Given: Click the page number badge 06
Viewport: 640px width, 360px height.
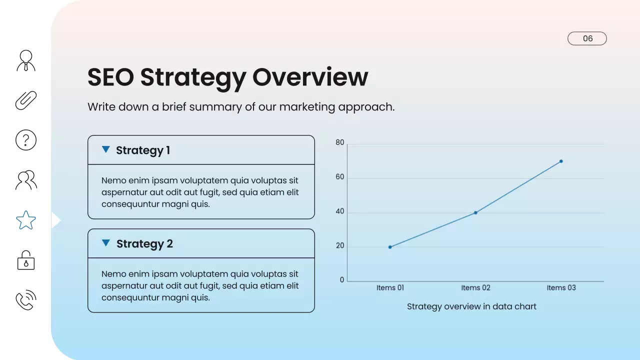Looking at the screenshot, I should [x=587, y=38].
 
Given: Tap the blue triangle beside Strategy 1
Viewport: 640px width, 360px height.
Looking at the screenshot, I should [x=105, y=149].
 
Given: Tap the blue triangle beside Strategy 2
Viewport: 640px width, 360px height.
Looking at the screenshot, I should [x=105, y=243].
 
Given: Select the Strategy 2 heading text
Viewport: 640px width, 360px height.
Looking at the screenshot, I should [x=144, y=244].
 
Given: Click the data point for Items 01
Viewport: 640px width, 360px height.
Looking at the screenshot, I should [x=390, y=247].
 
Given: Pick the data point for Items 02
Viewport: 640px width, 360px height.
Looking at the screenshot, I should [x=475, y=212].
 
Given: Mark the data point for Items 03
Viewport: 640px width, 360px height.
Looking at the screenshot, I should [x=561, y=161].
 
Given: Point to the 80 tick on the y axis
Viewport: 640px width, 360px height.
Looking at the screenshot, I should [x=340, y=143].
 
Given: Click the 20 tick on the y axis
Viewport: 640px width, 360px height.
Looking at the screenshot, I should [x=340, y=246].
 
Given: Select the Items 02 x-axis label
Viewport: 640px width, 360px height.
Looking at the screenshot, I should [x=475, y=287].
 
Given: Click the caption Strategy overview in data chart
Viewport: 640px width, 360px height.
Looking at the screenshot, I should [x=471, y=306].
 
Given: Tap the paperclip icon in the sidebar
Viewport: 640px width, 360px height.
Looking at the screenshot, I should [x=26, y=100].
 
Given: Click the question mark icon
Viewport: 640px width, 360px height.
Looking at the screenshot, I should [x=26, y=140].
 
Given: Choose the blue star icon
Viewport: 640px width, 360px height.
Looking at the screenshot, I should [x=26, y=220].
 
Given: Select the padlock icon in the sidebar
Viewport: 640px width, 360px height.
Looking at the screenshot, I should [x=26, y=260].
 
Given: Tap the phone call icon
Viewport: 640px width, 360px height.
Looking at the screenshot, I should [x=26, y=299].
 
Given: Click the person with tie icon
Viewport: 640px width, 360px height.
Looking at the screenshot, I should [x=26, y=60].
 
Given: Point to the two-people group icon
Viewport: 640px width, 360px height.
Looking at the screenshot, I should [x=26, y=180].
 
